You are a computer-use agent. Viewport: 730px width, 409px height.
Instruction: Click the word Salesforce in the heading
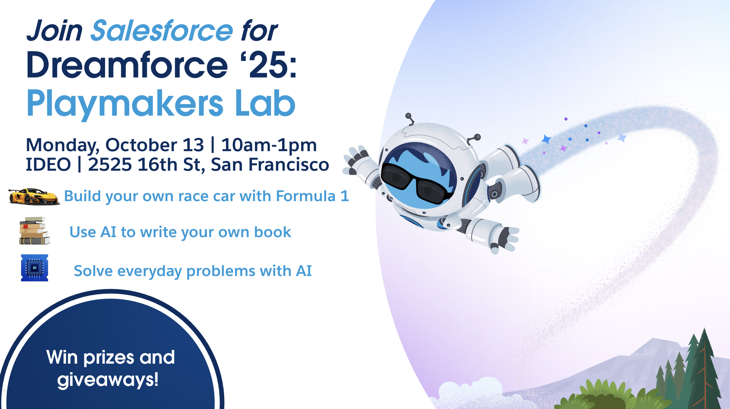click(x=162, y=30)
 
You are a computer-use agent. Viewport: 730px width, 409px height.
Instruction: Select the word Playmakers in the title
click(x=125, y=104)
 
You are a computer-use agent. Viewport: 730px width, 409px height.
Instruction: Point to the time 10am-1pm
click(x=269, y=145)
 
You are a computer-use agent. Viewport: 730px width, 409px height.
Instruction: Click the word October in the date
click(x=154, y=145)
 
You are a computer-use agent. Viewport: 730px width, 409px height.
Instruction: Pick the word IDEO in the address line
click(x=48, y=164)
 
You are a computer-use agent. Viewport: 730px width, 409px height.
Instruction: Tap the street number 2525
click(x=110, y=164)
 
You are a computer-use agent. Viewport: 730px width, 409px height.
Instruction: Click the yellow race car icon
click(x=34, y=197)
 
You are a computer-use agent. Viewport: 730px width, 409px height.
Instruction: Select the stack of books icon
click(x=34, y=231)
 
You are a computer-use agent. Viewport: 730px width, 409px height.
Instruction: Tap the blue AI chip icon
click(x=34, y=268)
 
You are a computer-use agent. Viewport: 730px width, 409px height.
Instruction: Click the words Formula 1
click(x=312, y=196)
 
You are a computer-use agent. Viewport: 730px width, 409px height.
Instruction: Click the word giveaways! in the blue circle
click(x=108, y=380)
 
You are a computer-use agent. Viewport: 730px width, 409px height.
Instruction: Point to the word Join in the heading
click(x=55, y=30)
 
